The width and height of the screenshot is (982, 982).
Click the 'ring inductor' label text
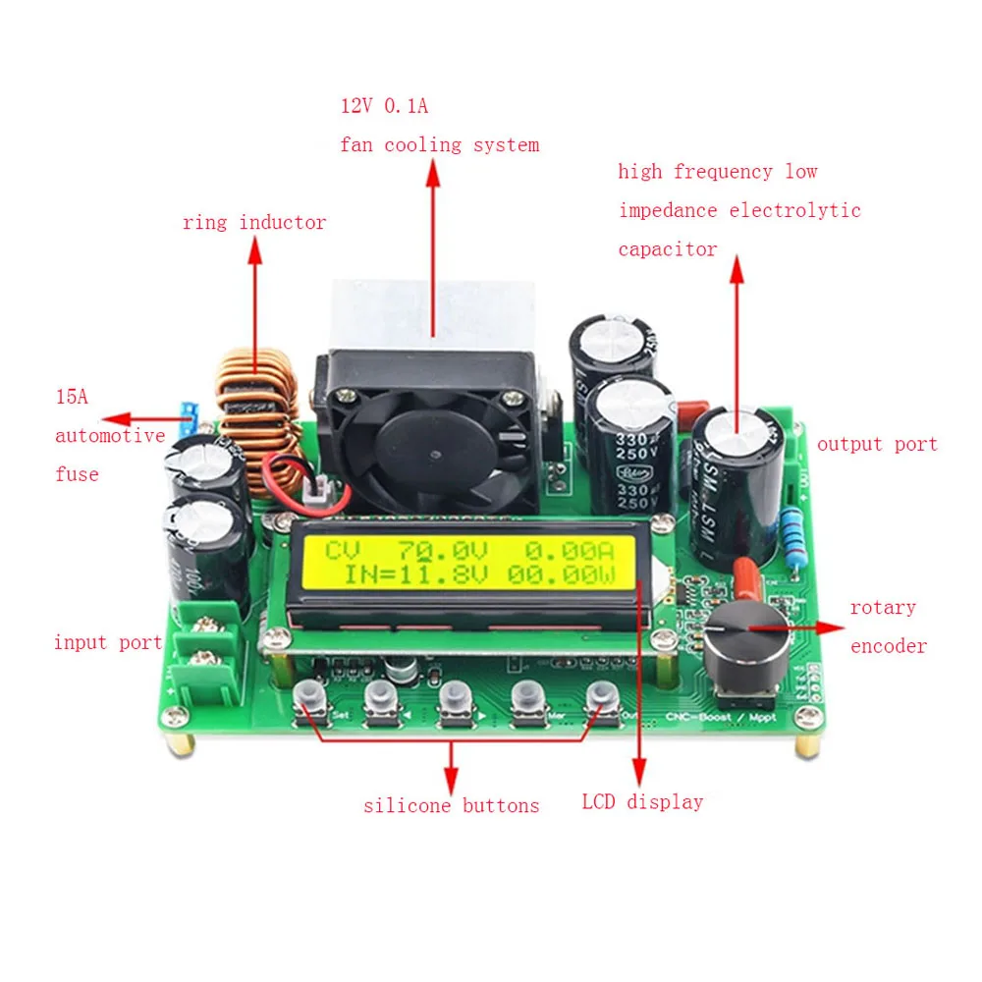tap(253, 223)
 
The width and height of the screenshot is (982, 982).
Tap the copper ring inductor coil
tap(257, 417)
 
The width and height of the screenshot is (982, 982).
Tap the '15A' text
tap(71, 398)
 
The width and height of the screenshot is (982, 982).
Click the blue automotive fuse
tap(190, 416)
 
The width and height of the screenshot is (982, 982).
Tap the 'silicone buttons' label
tap(451, 806)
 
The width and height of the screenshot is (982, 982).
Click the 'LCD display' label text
tap(642, 802)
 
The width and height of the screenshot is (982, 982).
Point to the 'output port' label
tap(876, 444)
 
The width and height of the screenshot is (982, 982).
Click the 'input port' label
tap(107, 643)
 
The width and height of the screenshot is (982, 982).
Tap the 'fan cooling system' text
tap(439, 145)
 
